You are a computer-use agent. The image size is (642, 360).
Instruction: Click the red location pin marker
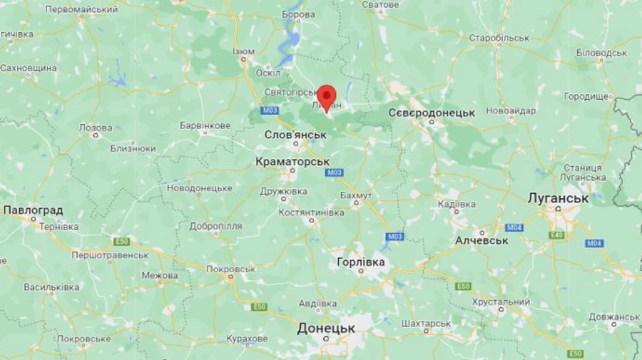327,97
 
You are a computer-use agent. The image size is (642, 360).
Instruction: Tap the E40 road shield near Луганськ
557,235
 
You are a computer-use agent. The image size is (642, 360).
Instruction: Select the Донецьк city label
326,328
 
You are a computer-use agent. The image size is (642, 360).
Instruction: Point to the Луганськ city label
558,198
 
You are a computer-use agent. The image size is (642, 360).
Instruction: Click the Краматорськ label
292,162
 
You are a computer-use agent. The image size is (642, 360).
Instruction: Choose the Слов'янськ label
295,134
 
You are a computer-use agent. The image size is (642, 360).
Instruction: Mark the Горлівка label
361,262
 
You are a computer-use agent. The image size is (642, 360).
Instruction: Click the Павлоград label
33,210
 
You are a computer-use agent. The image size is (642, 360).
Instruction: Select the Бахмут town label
356,195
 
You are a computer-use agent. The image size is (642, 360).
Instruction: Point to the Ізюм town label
243,52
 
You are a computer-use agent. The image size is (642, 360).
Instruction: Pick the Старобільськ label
499,37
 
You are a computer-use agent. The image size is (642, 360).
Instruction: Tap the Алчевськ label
481,240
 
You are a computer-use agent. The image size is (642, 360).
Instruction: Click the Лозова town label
95,127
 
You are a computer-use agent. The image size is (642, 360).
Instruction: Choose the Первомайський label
81,9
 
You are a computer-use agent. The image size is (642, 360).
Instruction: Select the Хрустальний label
501,302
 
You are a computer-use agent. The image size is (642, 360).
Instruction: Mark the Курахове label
247,339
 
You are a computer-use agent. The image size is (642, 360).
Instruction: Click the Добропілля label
215,226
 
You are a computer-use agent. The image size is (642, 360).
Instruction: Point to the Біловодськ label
601,53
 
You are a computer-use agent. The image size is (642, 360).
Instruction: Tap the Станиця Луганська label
583,173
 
